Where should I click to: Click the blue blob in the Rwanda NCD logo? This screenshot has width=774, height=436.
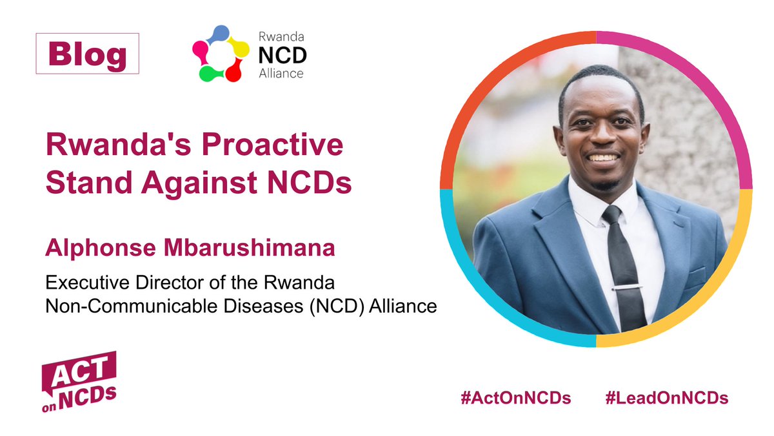point(221,33)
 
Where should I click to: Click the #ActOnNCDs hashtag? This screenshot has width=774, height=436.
point(515,398)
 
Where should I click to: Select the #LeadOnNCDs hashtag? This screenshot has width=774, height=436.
point(667,398)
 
